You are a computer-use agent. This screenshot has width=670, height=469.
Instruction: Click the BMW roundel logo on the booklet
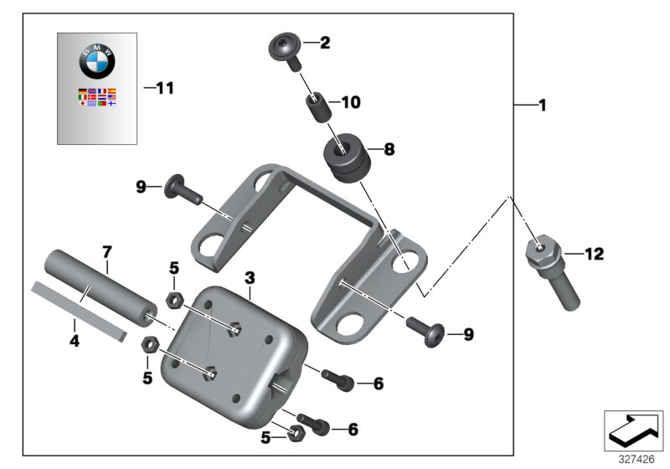coord(96,62)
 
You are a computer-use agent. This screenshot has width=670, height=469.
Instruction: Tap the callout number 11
coord(164,87)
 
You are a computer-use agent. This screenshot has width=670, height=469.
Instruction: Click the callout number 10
coord(349,103)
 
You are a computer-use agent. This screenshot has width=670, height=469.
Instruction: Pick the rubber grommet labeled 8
coord(345,158)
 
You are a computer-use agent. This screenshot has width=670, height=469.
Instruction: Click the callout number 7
coord(106,251)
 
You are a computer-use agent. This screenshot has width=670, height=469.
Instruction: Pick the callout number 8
coord(389,151)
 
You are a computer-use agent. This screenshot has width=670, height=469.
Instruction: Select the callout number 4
coord(74,342)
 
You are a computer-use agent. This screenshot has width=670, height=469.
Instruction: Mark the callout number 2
coord(325,42)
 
